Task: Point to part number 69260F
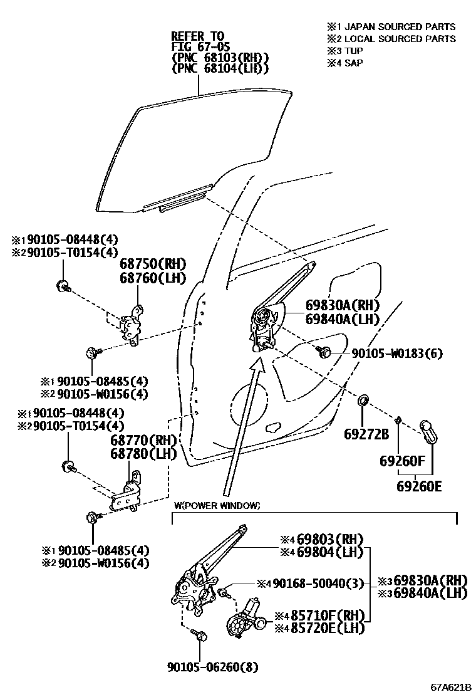coord(402,462)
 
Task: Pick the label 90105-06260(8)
coord(212,666)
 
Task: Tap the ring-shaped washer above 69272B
coord(364,401)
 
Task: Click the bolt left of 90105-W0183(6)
coord(325,352)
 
